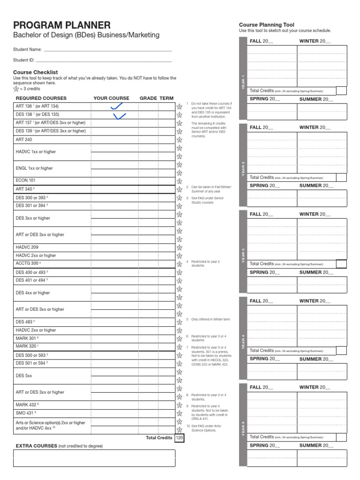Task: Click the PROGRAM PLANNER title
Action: (62, 25)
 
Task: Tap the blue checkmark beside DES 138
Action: (120, 115)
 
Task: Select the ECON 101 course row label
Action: (25, 180)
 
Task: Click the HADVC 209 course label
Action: (27, 247)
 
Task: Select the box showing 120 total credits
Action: (180, 438)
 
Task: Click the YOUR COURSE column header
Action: (111, 98)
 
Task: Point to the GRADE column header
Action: (148, 98)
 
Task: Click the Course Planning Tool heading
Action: (267, 25)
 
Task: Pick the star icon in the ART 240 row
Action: (179, 140)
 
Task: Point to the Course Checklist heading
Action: (36, 72)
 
